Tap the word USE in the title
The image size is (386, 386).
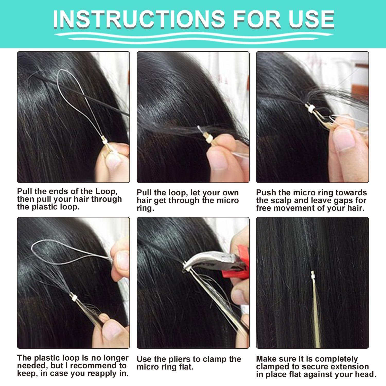[x=311, y=19]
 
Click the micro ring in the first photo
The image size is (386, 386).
[x=104, y=141]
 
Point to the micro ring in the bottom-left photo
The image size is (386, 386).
[x=74, y=298]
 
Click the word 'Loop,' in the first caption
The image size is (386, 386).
[x=106, y=191]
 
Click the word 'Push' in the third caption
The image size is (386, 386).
[x=266, y=193]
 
